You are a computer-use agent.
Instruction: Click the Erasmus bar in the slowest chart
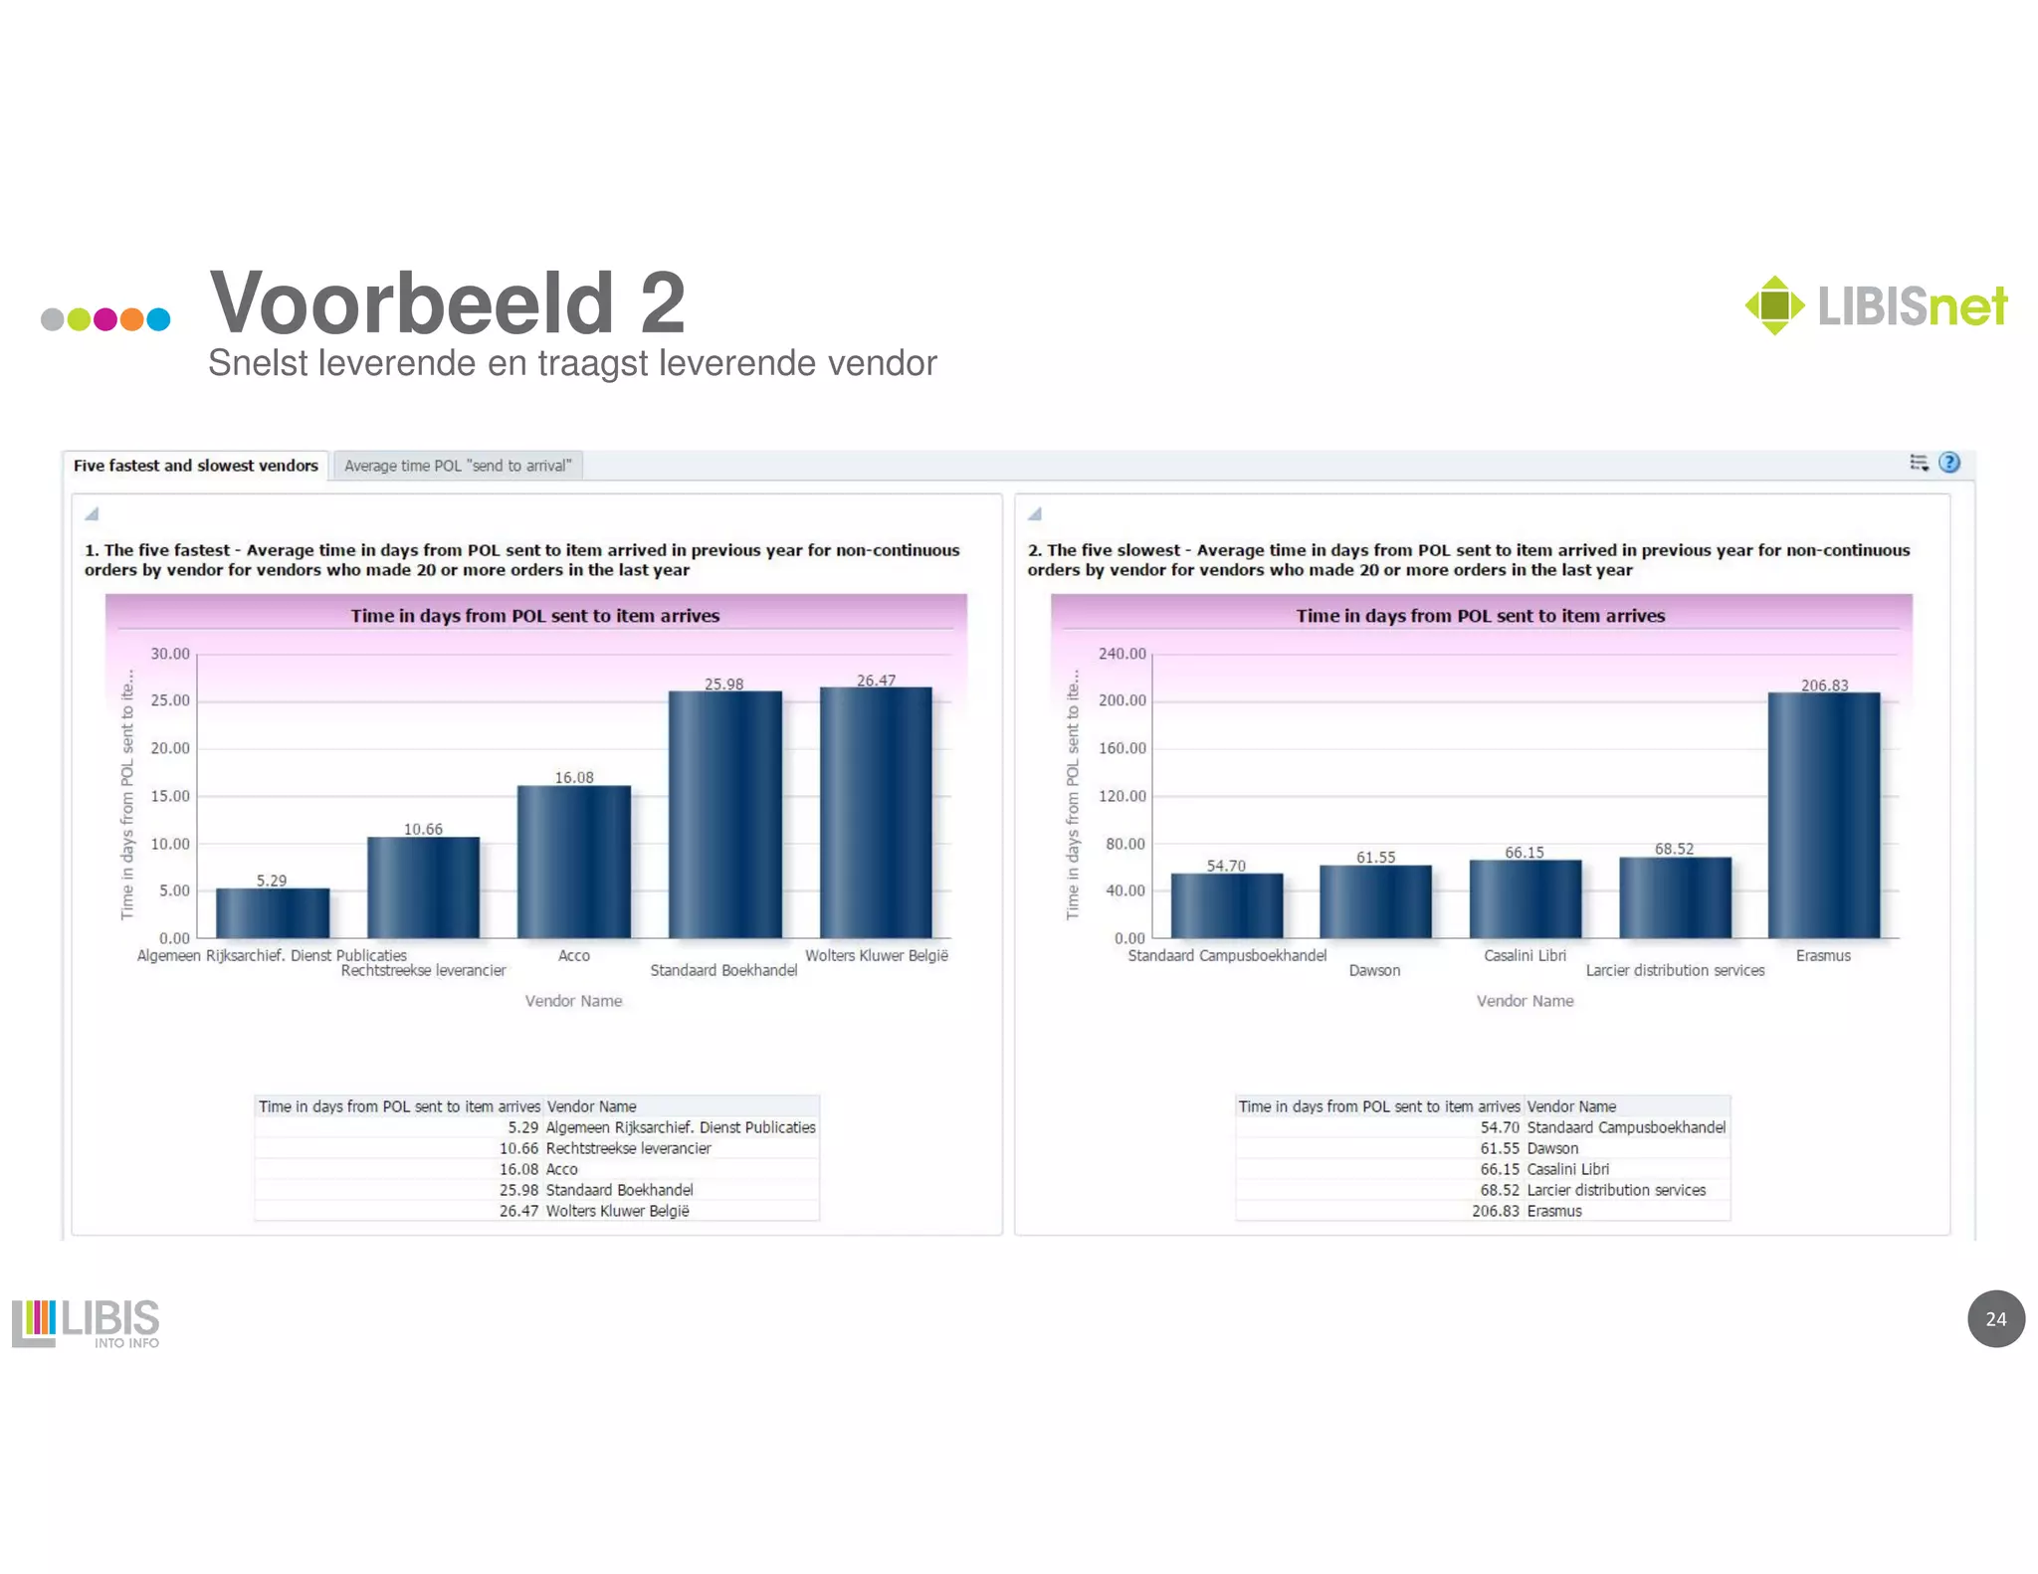tap(1823, 815)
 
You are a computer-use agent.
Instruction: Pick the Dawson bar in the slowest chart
tap(1375, 901)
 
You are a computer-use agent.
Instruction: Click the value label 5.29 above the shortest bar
tap(271, 881)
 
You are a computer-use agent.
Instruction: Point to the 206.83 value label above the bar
tap(1824, 686)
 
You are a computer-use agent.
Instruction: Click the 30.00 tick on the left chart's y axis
tap(170, 654)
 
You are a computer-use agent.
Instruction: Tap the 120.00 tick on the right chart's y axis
tap(1121, 796)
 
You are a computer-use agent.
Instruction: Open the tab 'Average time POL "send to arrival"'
tap(458, 466)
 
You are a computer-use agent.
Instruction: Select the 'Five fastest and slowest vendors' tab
tap(195, 466)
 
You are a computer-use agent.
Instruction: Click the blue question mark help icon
tap(1948, 463)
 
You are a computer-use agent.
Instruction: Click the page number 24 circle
tap(1995, 1318)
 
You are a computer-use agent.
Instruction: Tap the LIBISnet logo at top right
tap(1876, 305)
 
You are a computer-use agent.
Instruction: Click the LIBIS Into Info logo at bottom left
tap(86, 1322)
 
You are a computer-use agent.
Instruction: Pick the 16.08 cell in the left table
tap(518, 1169)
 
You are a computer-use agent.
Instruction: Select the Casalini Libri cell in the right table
tap(1567, 1169)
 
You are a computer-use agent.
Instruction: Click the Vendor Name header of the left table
tap(591, 1106)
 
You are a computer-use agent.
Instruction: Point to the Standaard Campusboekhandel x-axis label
tap(1226, 955)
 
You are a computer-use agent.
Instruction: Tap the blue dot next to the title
tap(158, 319)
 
